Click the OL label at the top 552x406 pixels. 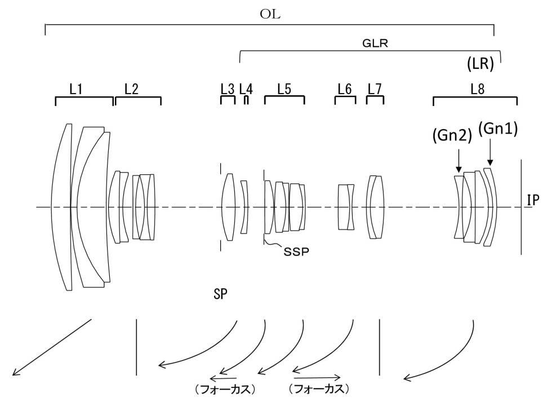point(270,14)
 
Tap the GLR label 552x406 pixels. point(375,43)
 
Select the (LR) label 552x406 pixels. point(480,64)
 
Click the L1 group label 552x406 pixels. point(76,89)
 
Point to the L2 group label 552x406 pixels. point(131,89)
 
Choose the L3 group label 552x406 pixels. point(228,89)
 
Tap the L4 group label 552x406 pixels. point(246,89)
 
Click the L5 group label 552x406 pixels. point(284,89)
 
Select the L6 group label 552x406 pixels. point(345,89)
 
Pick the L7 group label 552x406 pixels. point(375,89)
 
